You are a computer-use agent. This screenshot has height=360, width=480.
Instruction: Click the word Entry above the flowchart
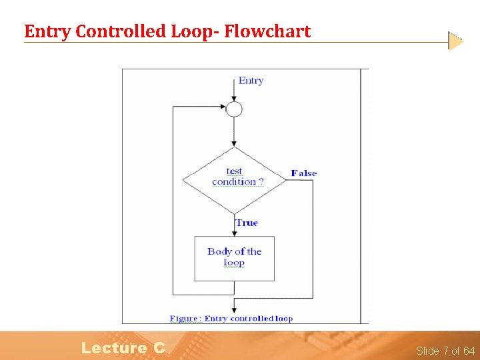pyautogui.click(x=251, y=81)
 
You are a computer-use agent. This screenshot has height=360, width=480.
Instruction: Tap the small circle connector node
pyautogui.click(x=234, y=109)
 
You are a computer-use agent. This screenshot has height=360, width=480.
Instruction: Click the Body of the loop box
pyautogui.click(x=234, y=258)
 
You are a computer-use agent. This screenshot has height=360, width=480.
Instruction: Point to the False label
pyautogui.click(x=303, y=173)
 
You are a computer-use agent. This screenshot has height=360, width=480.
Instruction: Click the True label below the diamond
pyautogui.click(x=247, y=223)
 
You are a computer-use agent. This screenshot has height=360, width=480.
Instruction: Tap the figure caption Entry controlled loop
pyautogui.click(x=231, y=319)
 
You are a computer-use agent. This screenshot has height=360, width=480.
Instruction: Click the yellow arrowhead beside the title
pyautogui.click(x=455, y=41)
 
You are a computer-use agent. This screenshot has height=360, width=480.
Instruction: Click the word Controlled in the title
pyautogui.click(x=117, y=31)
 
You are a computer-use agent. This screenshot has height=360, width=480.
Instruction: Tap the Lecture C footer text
pyautogui.click(x=123, y=347)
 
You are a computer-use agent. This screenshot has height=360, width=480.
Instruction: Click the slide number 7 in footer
pyautogui.click(x=446, y=351)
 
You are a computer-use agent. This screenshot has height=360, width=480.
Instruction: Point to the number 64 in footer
pyautogui.click(x=469, y=351)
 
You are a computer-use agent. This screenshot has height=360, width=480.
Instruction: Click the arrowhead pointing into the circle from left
pyautogui.click(x=223, y=106)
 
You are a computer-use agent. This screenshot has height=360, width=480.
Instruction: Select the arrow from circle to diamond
pyautogui.click(x=234, y=132)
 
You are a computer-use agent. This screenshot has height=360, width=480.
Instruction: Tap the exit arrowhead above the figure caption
pyautogui.click(x=234, y=309)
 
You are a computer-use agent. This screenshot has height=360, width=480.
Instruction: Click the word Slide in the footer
pyautogui.click(x=427, y=351)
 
